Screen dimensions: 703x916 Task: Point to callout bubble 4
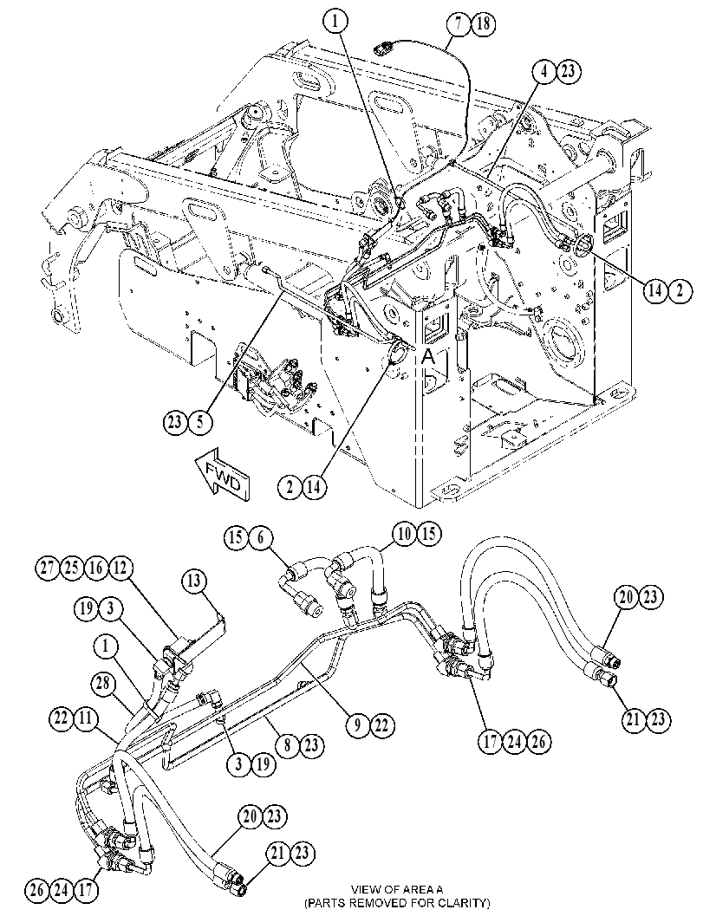pyautogui.click(x=544, y=71)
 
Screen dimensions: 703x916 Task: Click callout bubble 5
pyautogui.click(x=200, y=422)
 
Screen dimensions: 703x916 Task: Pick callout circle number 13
pyautogui.click(x=194, y=581)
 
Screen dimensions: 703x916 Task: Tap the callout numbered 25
pyautogui.click(x=72, y=568)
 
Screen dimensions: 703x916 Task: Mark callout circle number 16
pyautogui.click(x=96, y=568)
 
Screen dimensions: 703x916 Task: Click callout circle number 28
pyautogui.click(x=103, y=684)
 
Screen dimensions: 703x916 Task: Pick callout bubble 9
pyautogui.click(x=358, y=725)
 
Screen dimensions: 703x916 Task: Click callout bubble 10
pyautogui.click(x=405, y=533)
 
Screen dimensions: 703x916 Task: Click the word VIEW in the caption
pyautogui.click(x=363, y=890)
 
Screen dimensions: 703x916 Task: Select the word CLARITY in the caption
pyautogui.click(x=463, y=902)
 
